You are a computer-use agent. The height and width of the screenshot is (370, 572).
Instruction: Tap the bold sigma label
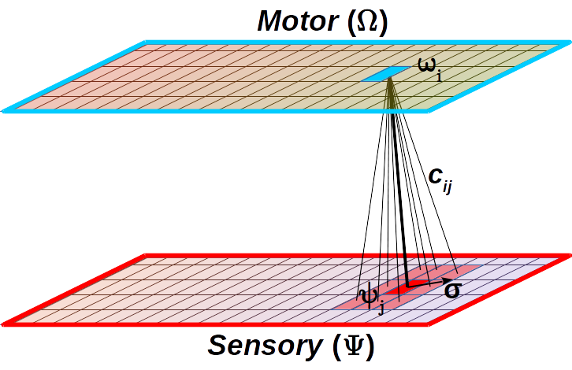coord(452,290)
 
